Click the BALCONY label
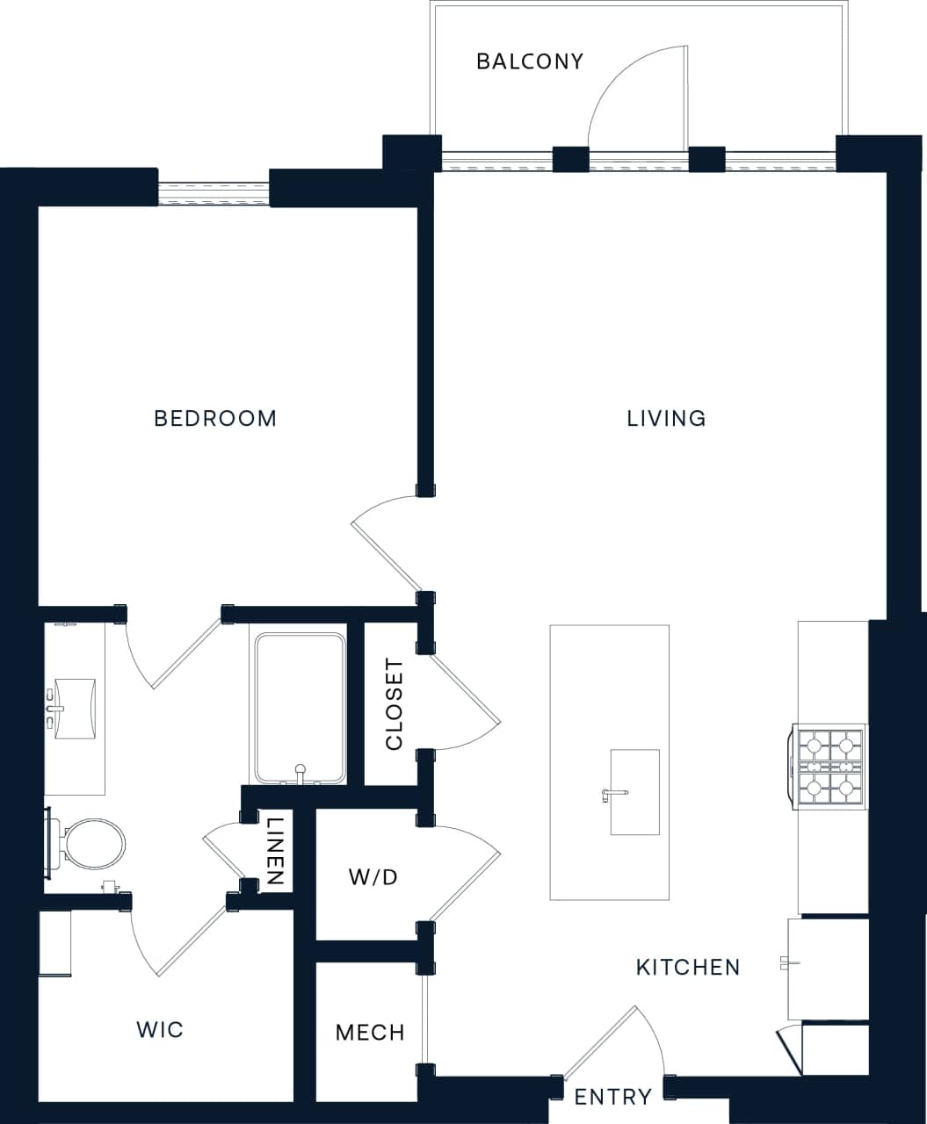tap(530, 61)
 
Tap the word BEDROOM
tap(215, 418)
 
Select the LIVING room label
tap(666, 418)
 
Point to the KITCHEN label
tap(688, 967)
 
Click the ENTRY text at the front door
tap(612, 1097)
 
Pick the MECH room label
tap(370, 1032)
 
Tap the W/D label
tap(373, 876)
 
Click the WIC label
tap(160, 1029)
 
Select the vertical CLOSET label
tap(395, 704)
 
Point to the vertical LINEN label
tap(276, 850)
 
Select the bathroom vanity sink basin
tap(76, 708)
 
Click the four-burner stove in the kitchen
tap(829, 766)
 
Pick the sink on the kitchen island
tap(634, 791)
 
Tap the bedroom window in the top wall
tap(214, 194)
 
